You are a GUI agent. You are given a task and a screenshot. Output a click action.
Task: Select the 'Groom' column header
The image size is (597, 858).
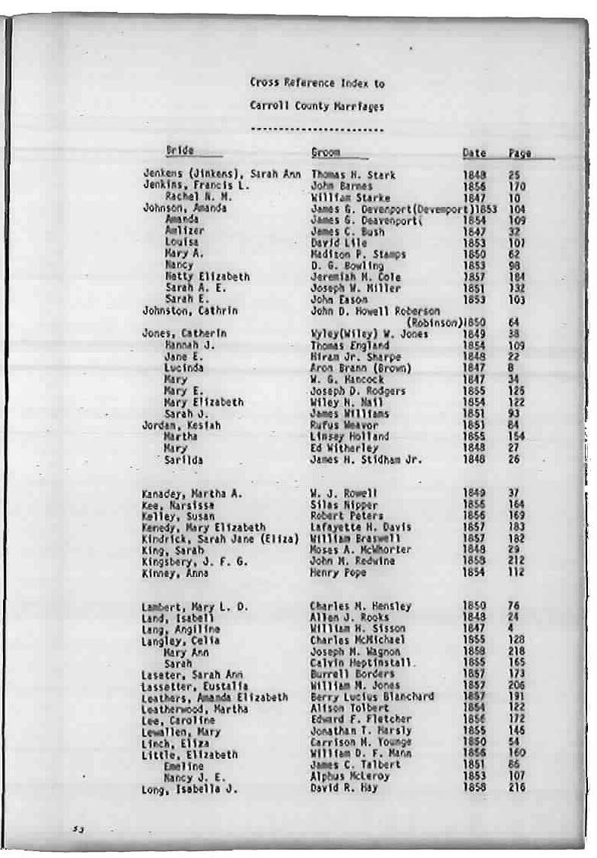point(326,152)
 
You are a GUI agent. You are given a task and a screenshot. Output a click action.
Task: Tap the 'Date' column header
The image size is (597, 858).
point(474,153)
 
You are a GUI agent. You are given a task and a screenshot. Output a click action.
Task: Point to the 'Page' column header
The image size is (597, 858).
point(519,153)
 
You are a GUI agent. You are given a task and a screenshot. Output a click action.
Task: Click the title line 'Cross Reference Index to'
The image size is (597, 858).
point(317,83)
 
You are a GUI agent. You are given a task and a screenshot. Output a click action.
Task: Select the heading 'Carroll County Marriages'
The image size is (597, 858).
point(317,106)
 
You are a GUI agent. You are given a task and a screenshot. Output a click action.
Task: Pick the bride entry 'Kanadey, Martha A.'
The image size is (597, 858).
point(192,493)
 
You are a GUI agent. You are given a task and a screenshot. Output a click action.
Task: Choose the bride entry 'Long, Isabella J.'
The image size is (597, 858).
point(189,789)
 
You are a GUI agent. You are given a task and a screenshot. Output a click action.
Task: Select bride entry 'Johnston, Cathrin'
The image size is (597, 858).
point(190,311)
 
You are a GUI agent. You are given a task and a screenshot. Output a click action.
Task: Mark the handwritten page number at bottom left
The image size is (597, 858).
point(77,828)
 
